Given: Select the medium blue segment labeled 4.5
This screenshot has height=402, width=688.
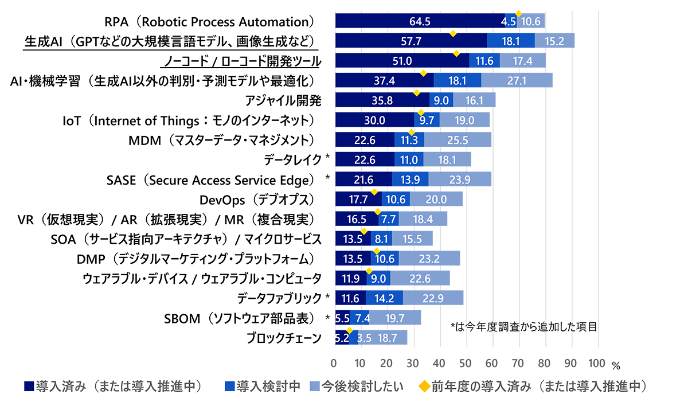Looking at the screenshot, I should coord(509,22).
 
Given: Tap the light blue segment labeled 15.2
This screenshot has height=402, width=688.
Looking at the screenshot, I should coord(554,41).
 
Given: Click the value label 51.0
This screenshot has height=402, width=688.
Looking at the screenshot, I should coord(401,61).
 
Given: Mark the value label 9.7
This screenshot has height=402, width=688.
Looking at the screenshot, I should coord(427,120).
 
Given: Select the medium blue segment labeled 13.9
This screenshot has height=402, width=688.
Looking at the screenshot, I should coord(410,179).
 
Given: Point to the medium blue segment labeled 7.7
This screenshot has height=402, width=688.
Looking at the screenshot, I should coord(388,219).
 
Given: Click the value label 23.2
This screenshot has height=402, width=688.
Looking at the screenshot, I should coord(429,259).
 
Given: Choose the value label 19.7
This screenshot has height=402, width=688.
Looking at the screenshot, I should coord(395,318).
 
